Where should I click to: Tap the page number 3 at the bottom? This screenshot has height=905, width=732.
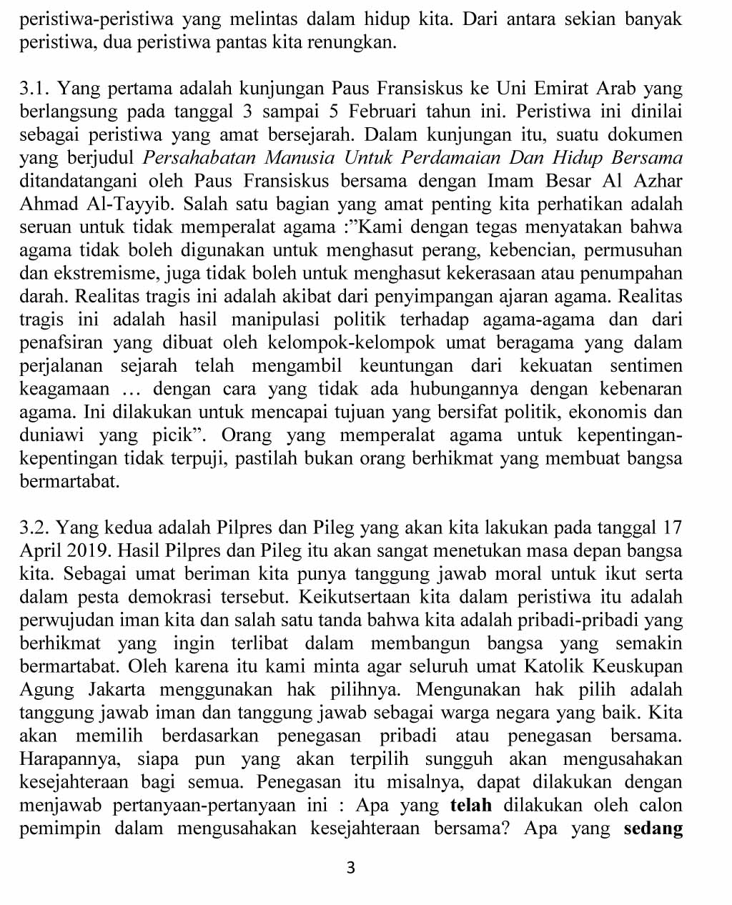pyautogui.click(x=350, y=869)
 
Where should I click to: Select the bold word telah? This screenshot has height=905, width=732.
pyautogui.click(x=471, y=806)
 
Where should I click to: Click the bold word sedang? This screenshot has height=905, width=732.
pyautogui.click(x=653, y=829)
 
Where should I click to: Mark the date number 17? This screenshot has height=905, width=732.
pyautogui.click(x=672, y=528)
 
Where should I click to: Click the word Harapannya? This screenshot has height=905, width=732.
pyautogui.click(x=69, y=759)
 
